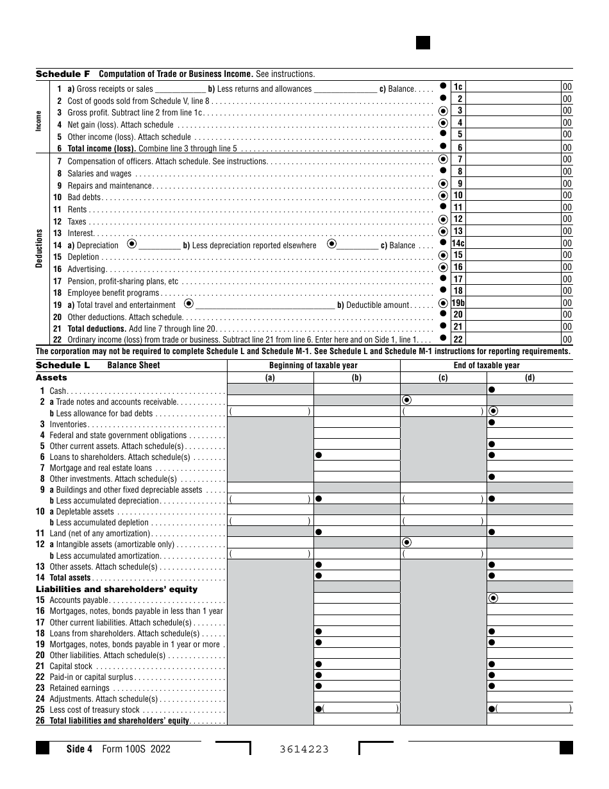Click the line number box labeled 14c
click(459, 244)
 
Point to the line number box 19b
click(459, 303)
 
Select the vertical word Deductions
click(40, 249)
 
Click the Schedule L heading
click(63, 365)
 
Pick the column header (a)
click(270, 378)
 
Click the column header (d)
click(530, 378)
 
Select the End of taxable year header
click(486, 366)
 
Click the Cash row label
click(58, 391)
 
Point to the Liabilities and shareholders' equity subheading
click(117, 589)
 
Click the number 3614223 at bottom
click(304, 749)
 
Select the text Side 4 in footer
click(80, 749)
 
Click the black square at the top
click(422, 43)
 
